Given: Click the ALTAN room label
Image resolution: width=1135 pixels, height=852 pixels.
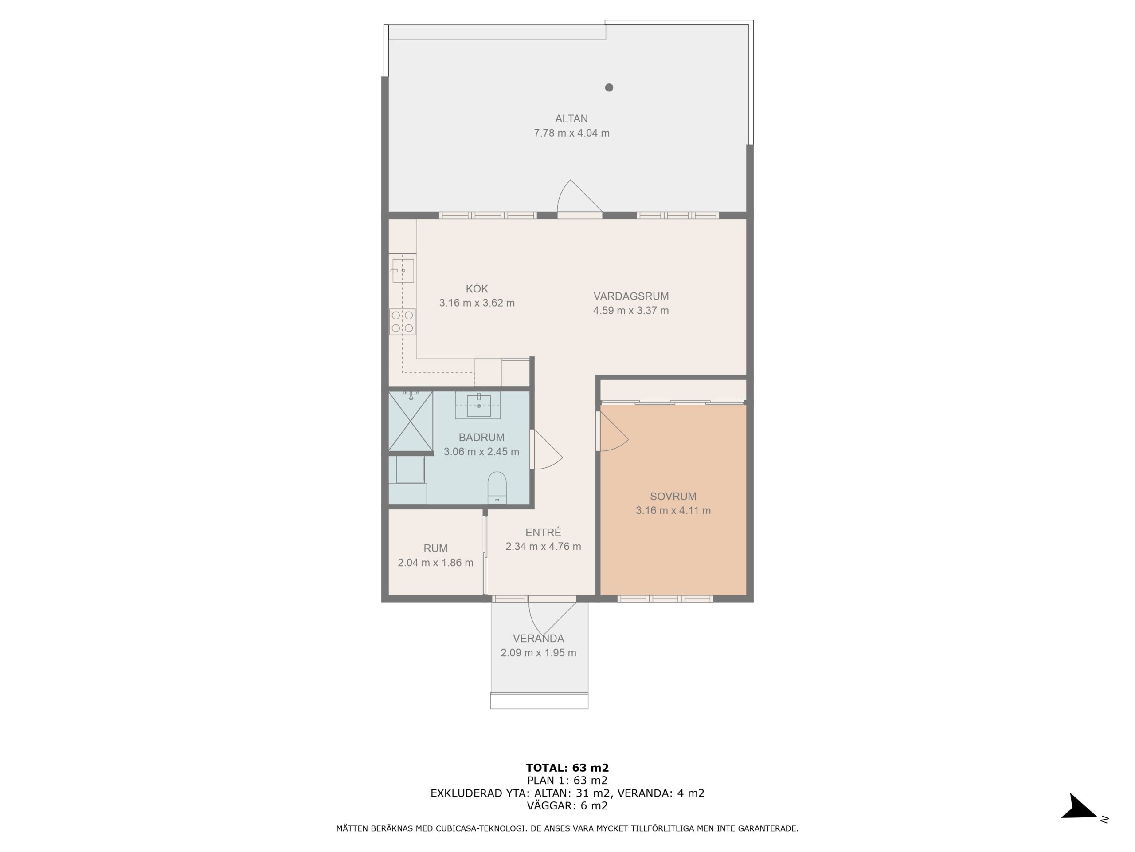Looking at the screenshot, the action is pos(571,118).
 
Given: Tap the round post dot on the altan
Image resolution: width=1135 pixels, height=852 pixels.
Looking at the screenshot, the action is pos(609,87).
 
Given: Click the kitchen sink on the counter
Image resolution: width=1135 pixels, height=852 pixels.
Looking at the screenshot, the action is pos(403,271).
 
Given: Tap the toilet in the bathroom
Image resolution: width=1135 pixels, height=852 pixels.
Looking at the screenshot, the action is pos(497,488).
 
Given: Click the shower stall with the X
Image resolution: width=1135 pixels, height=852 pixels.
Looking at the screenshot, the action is pos(411,421).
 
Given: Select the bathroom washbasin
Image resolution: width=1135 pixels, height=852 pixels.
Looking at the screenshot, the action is pos(478,405).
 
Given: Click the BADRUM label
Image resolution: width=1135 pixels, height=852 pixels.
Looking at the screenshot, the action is pos(481,438).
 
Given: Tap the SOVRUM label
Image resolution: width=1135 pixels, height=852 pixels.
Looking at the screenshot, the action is pos(673,497).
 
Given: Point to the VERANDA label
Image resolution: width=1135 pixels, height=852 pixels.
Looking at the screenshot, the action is pos(538,639).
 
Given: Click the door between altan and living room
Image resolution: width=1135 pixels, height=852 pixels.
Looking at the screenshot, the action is pos(580,199).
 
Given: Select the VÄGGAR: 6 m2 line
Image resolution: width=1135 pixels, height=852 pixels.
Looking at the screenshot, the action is pos(567,805).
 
